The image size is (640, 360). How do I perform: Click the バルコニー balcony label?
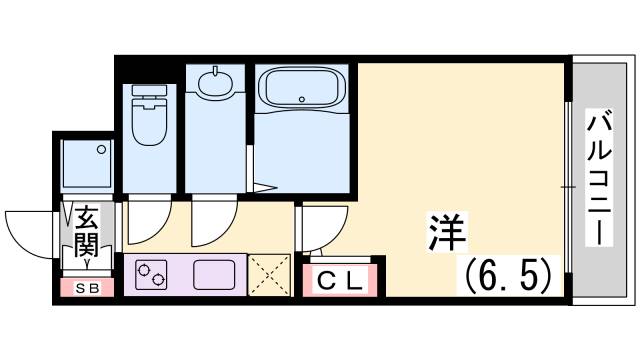click(x=599, y=181)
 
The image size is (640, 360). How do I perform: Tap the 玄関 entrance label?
click(x=84, y=230)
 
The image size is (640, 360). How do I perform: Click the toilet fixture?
click(x=149, y=120)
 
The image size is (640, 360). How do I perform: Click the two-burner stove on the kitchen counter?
click(x=153, y=272)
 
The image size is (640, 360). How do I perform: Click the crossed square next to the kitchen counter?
click(x=269, y=273)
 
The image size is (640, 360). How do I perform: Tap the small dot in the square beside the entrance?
click(x=102, y=150)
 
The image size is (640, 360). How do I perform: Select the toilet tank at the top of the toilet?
click(x=149, y=92)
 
